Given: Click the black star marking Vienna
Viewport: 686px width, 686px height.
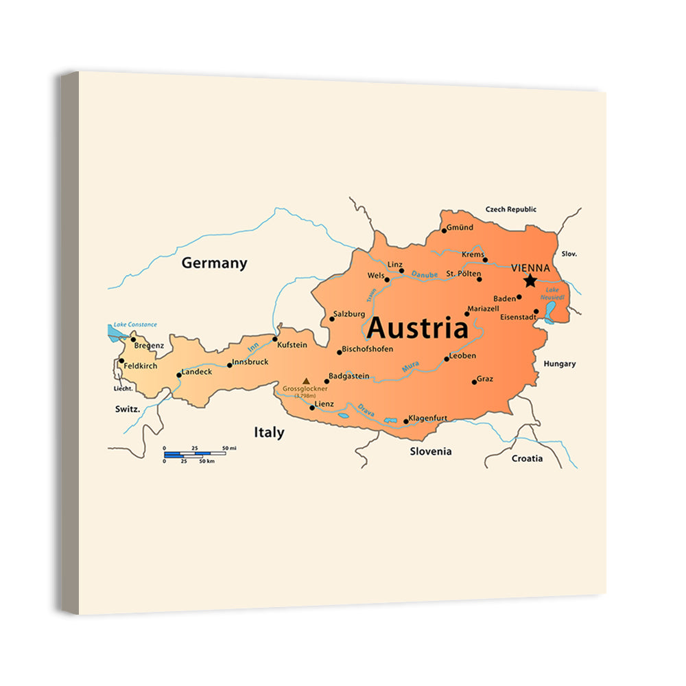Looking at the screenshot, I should point(530,281).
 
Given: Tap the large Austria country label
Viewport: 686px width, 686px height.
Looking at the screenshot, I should point(417,329).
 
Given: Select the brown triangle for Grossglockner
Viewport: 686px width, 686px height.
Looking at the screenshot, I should point(306,380).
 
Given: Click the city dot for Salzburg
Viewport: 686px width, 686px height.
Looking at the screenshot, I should point(330,319).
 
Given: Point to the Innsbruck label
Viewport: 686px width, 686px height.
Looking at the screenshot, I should point(250,362).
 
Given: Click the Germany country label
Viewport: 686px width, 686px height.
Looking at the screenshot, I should point(214,263).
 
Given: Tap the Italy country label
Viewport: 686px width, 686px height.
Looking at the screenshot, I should point(269,433).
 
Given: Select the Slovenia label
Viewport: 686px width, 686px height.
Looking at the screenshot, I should point(431,451).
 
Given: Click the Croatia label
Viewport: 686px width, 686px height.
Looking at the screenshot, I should point(527,458).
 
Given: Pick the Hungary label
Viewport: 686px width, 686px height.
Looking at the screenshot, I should point(560,364).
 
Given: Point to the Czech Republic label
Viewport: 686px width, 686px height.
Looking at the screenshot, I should point(511,209).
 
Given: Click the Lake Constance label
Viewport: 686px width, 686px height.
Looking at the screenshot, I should point(135,324).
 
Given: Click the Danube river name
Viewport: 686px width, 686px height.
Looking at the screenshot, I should point(424,274).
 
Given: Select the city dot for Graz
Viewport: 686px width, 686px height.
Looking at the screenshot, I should point(474,381).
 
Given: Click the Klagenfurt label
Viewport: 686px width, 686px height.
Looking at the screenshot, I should point(428,418).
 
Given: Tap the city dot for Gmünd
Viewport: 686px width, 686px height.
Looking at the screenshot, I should point(444,230).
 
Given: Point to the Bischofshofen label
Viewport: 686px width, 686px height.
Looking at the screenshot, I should point(368,349).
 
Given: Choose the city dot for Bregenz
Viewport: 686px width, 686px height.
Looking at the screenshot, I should point(133,340).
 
